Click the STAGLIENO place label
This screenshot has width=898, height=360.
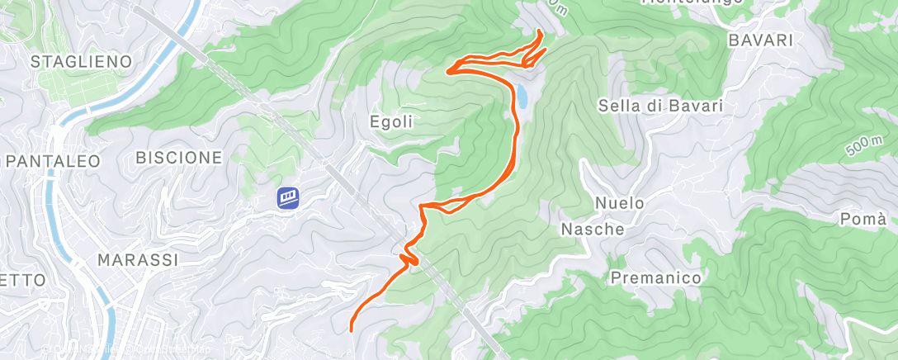click(81, 61)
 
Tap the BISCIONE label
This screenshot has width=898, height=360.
click(179, 157)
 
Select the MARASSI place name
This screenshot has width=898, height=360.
click(138, 260)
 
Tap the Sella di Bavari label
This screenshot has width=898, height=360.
click(660, 106)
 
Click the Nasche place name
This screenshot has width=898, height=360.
click(593, 229)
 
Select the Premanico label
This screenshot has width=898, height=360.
click(656, 278)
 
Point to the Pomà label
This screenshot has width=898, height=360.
click(863, 220)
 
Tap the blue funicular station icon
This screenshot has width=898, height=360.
click(288, 197)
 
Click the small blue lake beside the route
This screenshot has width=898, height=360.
click(522, 97)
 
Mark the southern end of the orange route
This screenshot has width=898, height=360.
click(352, 329)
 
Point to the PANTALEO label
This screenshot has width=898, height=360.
click(51, 160)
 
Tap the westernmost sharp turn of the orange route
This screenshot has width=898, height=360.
click(448, 71)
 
